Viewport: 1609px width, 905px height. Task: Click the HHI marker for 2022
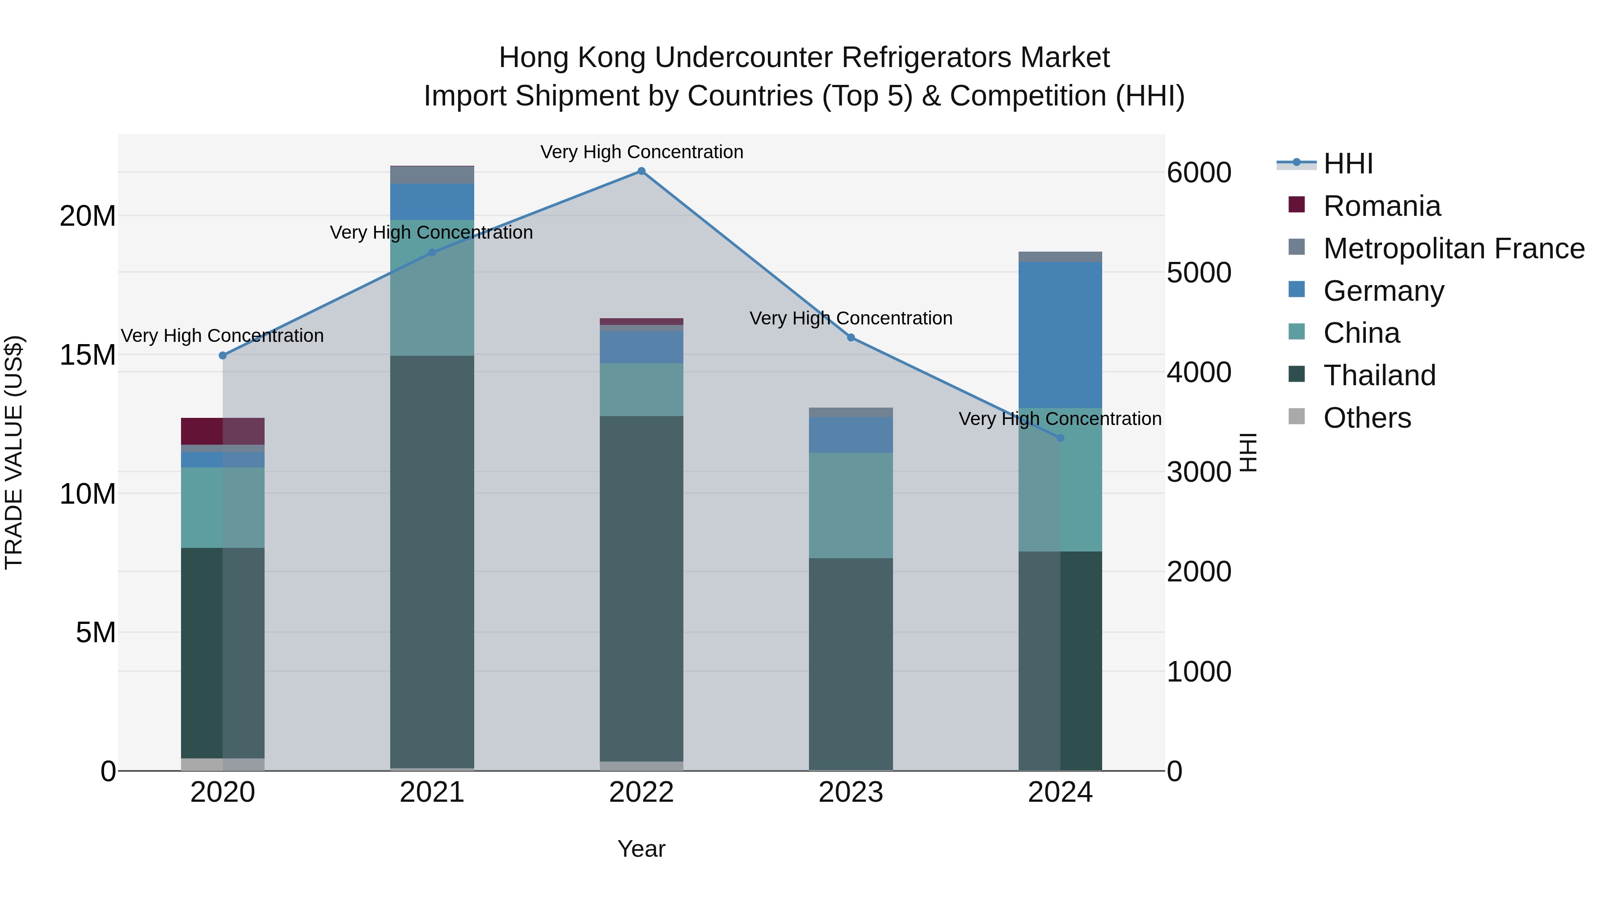641,171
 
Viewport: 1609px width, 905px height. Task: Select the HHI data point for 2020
223,355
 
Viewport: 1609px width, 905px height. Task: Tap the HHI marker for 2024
1060,438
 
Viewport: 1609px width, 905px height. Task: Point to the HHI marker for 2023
851,337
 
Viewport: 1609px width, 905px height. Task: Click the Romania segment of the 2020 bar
223,431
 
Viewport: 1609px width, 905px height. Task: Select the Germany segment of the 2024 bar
1060,335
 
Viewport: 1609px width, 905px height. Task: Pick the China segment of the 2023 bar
851,505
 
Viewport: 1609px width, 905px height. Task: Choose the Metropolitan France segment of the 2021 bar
432,175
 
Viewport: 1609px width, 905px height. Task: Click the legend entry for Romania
1382,206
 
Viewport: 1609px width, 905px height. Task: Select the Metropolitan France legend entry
1453,248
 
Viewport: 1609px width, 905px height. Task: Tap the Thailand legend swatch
1297,375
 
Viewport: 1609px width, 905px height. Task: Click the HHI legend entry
1348,164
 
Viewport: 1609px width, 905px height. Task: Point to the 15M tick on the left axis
88,355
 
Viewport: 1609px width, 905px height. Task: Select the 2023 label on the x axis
851,792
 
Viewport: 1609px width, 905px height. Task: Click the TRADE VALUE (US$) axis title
14,452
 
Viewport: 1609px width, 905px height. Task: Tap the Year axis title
641,849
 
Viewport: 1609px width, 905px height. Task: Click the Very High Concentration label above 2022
641,152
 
